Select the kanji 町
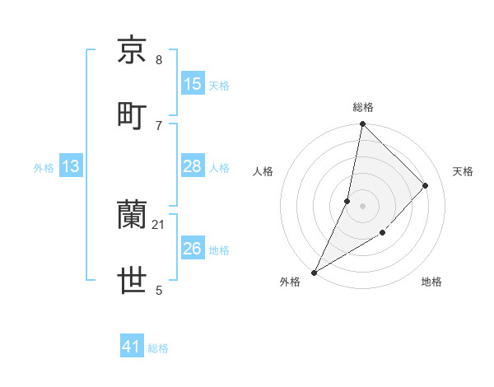coord(133,114)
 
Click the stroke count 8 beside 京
coord(159,60)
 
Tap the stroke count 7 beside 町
coord(159,125)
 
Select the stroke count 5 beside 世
coord(159,290)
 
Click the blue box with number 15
coord(193,84)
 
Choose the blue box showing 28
coord(193,166)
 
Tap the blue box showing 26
coord(193,249)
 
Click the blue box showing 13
coord(71,166)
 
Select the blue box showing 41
coord(132,347)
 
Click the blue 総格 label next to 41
coord(158,348)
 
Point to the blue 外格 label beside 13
coord(44,167)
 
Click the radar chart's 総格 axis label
coord(362,107)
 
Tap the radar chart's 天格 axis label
coord(463,171)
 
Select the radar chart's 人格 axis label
coord(263,171)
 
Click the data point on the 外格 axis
coord(314,272)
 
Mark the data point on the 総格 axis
coord(362,124)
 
